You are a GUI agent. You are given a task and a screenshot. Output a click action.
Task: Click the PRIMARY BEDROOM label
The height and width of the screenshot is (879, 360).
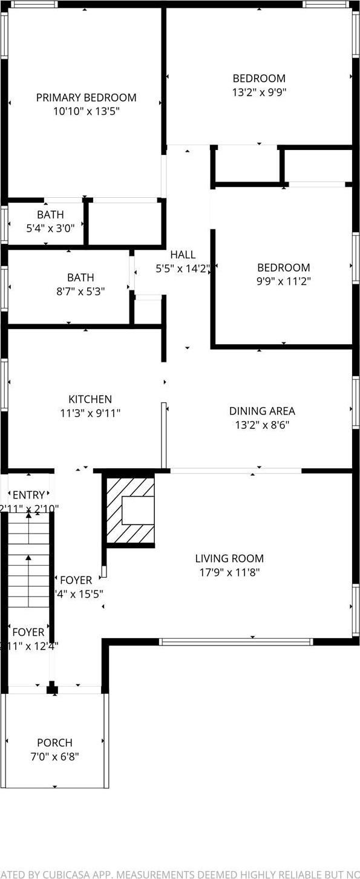click(x=86, y=97)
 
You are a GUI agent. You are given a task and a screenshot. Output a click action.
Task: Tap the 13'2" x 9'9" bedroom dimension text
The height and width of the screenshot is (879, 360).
click(x=259, y=93)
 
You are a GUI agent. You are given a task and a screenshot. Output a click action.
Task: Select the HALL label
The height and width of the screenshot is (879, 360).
click(x=182, y=255)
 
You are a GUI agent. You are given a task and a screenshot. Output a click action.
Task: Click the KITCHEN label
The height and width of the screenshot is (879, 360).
click(x=90, y=399)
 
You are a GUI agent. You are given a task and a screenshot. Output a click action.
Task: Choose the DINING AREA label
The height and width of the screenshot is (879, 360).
click(x=262, y=411)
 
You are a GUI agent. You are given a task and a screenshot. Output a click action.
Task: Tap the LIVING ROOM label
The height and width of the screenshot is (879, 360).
click(x=229, y=558)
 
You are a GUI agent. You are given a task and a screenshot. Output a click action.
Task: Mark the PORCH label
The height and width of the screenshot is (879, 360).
click(x=54, y=742)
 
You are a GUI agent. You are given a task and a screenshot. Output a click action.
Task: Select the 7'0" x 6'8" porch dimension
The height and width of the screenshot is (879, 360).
click(x=54, y=756)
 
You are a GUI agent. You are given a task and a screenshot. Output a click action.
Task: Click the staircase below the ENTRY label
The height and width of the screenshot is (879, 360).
click(x=28, y=560)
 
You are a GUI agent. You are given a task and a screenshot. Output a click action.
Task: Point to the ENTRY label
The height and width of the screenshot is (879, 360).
click(x=28, y=495)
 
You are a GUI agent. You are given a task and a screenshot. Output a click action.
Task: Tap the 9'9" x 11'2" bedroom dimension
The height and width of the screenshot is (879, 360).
click(x=283, y=281)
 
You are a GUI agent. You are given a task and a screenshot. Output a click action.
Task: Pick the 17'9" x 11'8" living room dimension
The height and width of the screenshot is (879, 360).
click(x=229, y=572)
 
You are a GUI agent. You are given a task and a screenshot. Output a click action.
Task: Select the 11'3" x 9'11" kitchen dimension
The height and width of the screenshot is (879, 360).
click(x=90, y=413)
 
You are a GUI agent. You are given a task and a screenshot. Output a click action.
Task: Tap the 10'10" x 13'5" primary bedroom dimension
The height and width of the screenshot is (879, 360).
click(x=86, y=111)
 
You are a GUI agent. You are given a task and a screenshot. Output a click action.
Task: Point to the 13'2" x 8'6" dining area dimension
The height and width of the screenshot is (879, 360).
click(x=262, y=425)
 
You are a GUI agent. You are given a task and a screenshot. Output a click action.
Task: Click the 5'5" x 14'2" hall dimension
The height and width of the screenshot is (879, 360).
click(x=182, y=269)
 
